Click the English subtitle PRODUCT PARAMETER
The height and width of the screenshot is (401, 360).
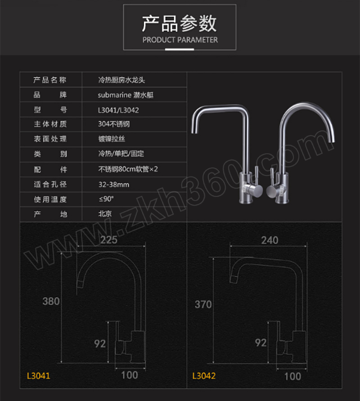[180, 40]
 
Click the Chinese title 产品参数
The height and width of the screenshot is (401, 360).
[180, 23]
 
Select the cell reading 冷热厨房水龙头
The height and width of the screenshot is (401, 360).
[121, 80]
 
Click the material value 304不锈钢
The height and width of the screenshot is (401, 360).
[114, 124]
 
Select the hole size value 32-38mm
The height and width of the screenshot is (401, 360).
[114, 184]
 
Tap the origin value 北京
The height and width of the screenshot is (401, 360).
[105, 214]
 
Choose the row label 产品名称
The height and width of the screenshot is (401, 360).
[50, 80]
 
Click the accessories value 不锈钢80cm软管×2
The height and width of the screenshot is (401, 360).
[129, 169]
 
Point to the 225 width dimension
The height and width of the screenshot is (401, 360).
[109, 239]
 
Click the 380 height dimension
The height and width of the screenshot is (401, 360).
[51, 301]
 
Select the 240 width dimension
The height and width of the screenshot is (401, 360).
[270, 240]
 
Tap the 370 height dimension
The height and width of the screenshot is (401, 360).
[203, 304]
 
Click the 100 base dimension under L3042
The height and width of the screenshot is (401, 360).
[292, 376]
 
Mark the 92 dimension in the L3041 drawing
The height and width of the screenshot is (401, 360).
[100, 343]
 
